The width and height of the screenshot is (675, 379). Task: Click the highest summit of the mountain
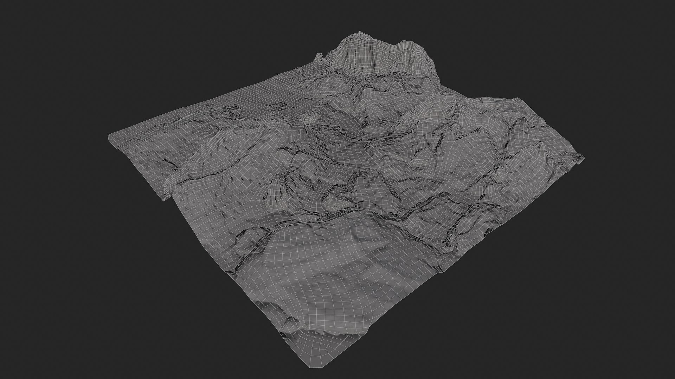pyautogui.click(x=359, y=33)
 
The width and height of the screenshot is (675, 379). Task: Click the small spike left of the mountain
pyautogui.click(x=319, y=55)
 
